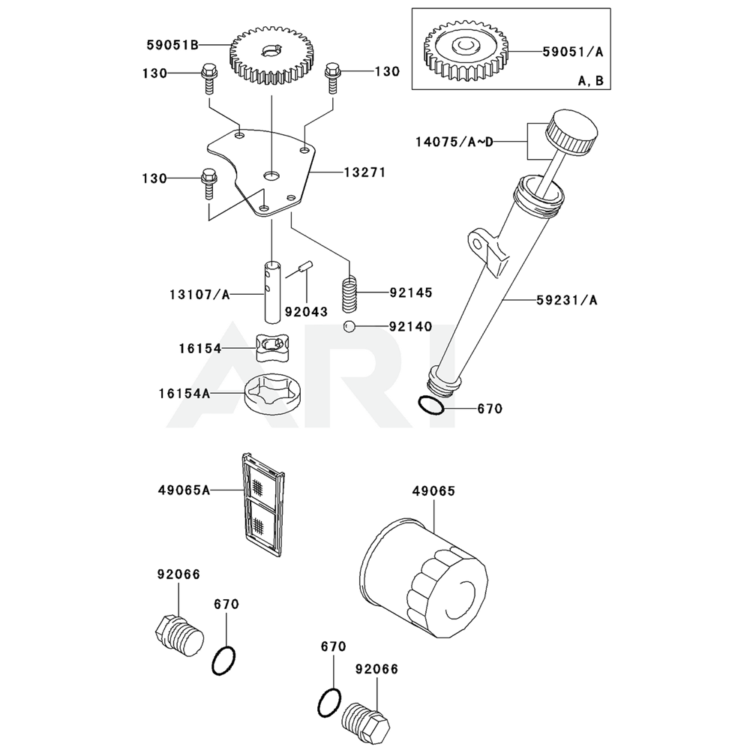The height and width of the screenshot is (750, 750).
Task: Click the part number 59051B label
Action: [172, 45]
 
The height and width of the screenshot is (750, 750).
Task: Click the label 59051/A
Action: [574, 51]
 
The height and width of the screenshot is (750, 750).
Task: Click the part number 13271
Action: [364, 172]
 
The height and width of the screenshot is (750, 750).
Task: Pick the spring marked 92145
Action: [349, 294]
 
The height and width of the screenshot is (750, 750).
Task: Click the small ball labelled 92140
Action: [349, 326]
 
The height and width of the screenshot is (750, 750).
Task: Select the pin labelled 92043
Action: [304, 266]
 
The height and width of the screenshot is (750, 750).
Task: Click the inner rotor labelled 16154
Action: [272, 349]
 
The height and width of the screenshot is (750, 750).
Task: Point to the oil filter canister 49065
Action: [424, 571]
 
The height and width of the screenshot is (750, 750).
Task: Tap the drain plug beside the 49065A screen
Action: [178, 635]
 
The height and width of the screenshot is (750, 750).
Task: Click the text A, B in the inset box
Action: [592, 82]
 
